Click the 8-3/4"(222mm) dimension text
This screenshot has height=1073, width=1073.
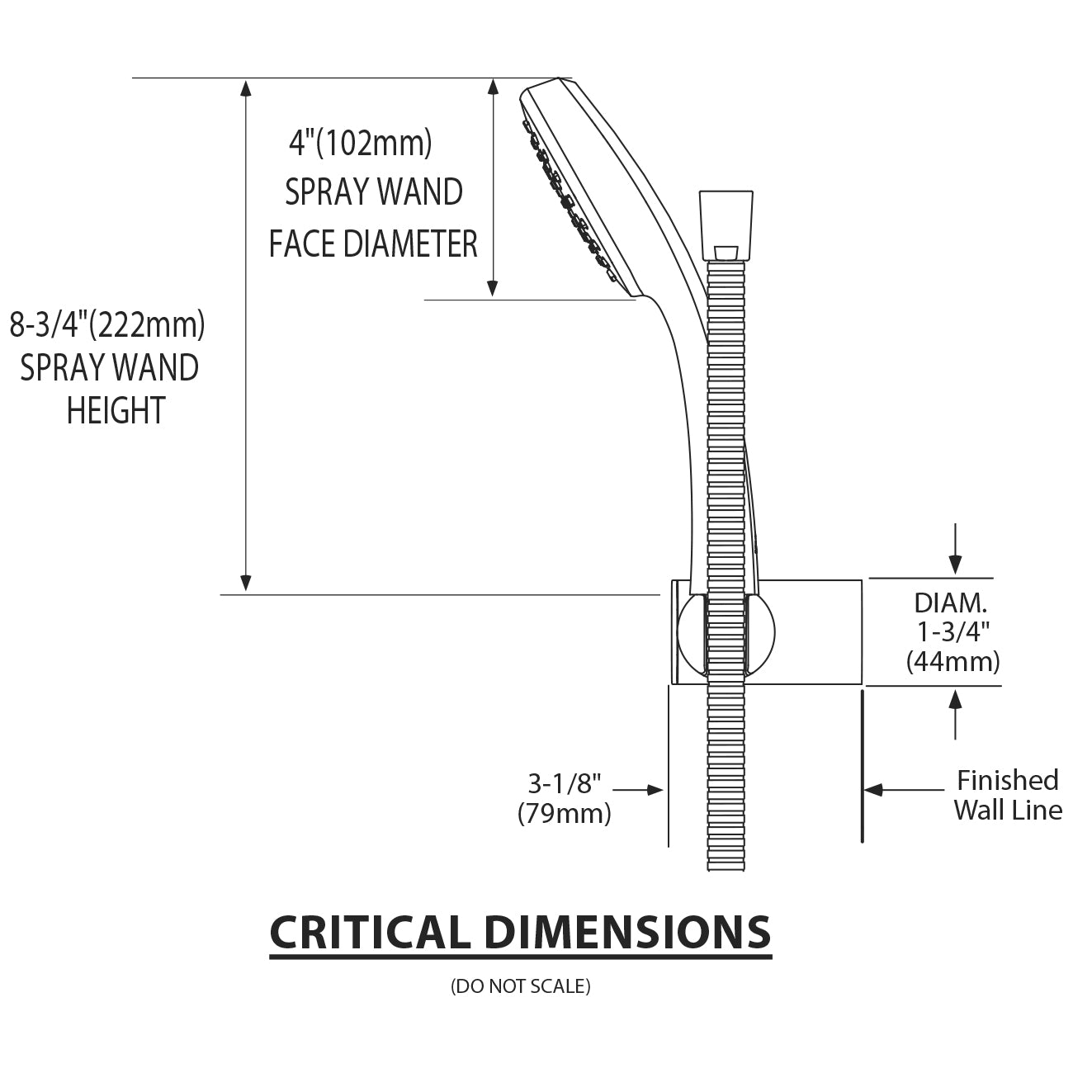(107, 325)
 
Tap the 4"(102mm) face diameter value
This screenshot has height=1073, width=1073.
(360, 144)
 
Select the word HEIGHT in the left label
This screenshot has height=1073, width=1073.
(116, 411)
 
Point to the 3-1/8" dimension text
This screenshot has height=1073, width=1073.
(565, 782)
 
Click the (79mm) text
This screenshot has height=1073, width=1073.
(565, 814)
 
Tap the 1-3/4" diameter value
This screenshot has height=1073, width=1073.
(953, 632)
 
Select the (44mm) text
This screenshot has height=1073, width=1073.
(953, 662)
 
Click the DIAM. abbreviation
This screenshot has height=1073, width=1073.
(952, 603)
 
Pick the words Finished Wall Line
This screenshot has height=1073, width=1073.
(1008, 795)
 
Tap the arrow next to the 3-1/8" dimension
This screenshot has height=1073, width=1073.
(640, 790)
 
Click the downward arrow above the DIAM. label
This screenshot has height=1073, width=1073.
(955, 550)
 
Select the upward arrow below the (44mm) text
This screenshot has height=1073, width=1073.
(955, 713)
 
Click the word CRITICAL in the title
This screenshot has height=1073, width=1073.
(370, 933)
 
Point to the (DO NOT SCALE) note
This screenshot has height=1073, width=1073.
(521, 986)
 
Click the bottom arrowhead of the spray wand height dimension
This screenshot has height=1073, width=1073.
(245, 583)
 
